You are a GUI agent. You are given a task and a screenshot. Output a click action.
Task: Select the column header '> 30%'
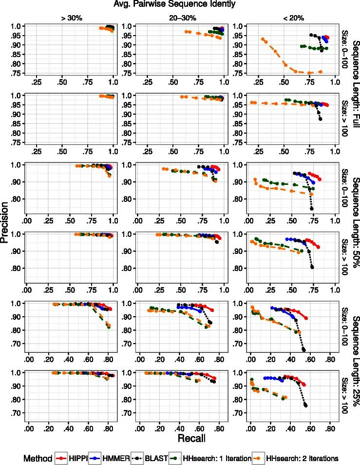(x=68, y=18)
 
